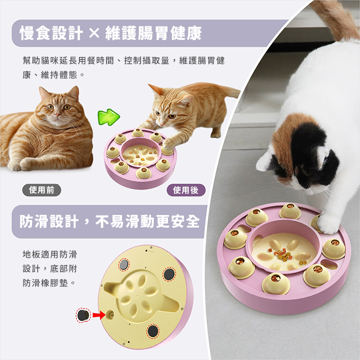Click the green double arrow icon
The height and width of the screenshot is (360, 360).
click(108, 117)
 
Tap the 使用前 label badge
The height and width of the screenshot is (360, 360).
click(41, 190)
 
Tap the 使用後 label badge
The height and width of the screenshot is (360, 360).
click(185, 190)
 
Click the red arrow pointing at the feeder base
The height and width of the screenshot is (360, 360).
click(99, 315)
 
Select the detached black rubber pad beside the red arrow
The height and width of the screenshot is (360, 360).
click(83, 315)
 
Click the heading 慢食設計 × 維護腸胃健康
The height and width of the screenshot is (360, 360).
click(111, 33)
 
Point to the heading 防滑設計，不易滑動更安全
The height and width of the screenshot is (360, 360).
click(109, 221)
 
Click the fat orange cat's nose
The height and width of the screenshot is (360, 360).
click(57, 113)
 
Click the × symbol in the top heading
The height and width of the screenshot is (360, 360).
click(94, 33)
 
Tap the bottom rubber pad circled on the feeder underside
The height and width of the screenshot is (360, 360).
click(153, 331)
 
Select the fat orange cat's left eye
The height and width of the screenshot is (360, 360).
click(50, 107)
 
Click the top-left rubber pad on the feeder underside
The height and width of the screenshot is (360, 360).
click(124, 264)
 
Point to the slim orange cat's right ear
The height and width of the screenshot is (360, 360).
click(154, 89)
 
